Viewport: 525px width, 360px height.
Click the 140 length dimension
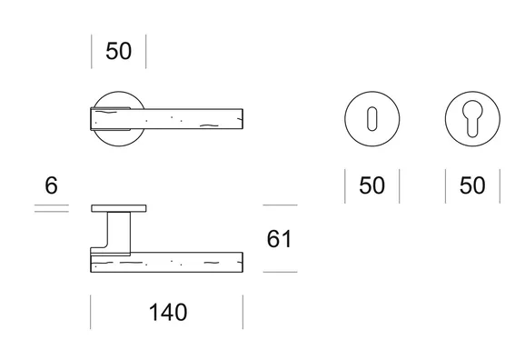168,313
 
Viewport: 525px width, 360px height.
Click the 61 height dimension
279,239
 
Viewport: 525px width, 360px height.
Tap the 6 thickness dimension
51,185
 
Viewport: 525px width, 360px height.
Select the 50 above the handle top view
118,51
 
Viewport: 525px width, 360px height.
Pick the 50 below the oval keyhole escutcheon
371,185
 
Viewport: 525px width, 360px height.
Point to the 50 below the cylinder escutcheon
472,185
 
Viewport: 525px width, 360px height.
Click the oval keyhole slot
372,119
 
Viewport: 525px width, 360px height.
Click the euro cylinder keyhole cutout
472,118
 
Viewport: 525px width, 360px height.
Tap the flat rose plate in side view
118,208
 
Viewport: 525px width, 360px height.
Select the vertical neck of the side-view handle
119,231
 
